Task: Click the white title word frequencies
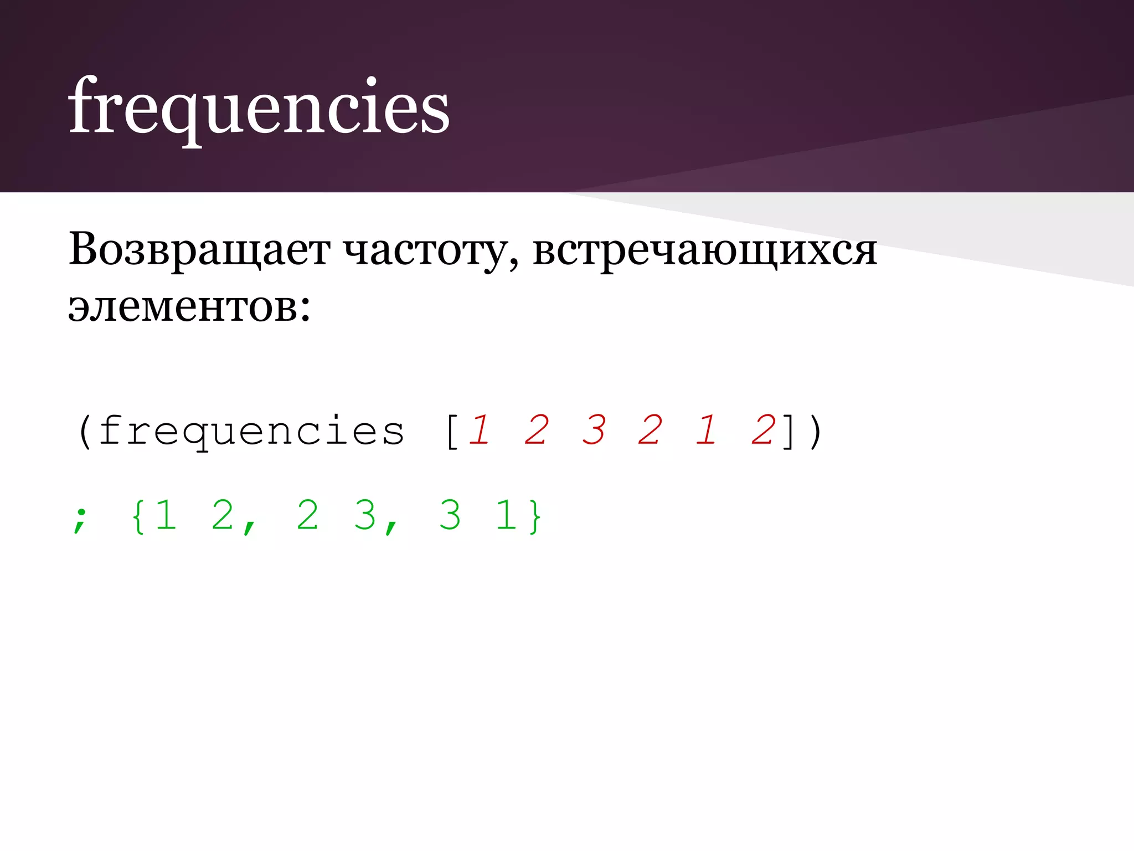259,107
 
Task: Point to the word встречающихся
704,251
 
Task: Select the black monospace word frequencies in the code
252,432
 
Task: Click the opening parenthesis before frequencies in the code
85,432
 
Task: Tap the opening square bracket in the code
452,432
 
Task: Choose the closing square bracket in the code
788,432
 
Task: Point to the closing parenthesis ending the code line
815,432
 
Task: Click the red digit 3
594,430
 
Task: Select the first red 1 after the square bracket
480,430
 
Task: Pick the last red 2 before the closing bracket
764,430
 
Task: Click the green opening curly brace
138,516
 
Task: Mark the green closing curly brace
535,516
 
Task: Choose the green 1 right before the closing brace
506,515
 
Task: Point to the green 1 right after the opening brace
166,515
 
